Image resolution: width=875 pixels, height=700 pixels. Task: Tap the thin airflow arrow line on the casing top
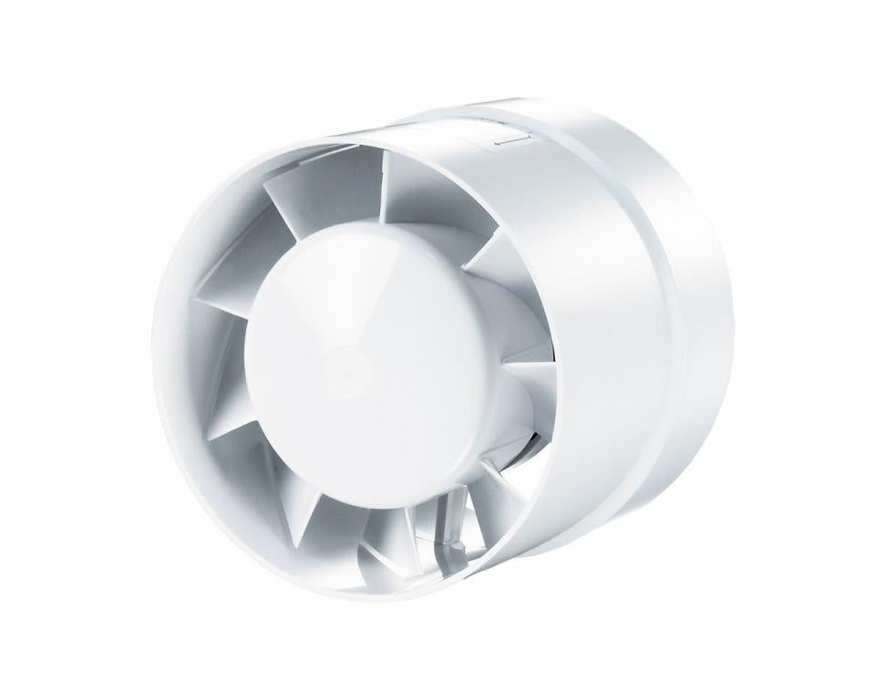pos(510,141)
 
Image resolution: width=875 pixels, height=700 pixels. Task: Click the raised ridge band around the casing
pos(665,301)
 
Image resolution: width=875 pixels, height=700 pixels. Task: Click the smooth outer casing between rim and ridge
pos(602,383)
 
